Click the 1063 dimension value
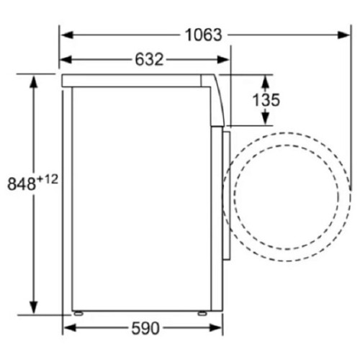[204, 35]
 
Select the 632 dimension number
[149, 59]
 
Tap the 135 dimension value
[266, 100]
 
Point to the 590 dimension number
[145, 328]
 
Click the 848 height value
[22, 184]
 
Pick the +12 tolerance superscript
[48, 180]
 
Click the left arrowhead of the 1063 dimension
[67, 35]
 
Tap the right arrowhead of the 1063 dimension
[343, 35]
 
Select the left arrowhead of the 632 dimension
[66, 59]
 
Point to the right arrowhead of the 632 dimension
[223, 59]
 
